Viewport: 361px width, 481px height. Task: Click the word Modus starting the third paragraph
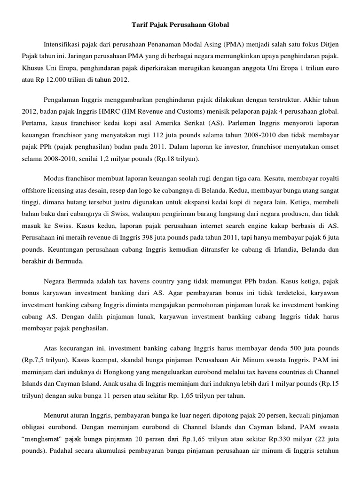[x=54, y=179]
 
